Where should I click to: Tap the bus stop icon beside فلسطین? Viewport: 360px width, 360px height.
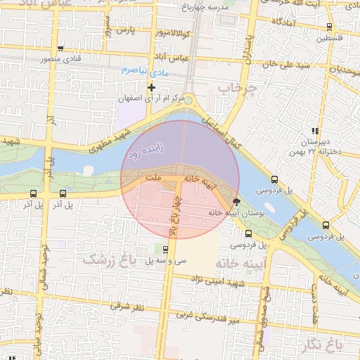click(330, 27)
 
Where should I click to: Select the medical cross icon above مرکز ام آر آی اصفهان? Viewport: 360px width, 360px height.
click(151, 86)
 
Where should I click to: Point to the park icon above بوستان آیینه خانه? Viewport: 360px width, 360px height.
click(236, 201)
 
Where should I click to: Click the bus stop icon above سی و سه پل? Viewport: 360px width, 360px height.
click(165, 249)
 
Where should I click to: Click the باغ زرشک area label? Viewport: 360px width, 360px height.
click(108, 259)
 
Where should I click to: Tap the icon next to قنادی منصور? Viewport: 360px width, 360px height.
click(61, 49)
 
